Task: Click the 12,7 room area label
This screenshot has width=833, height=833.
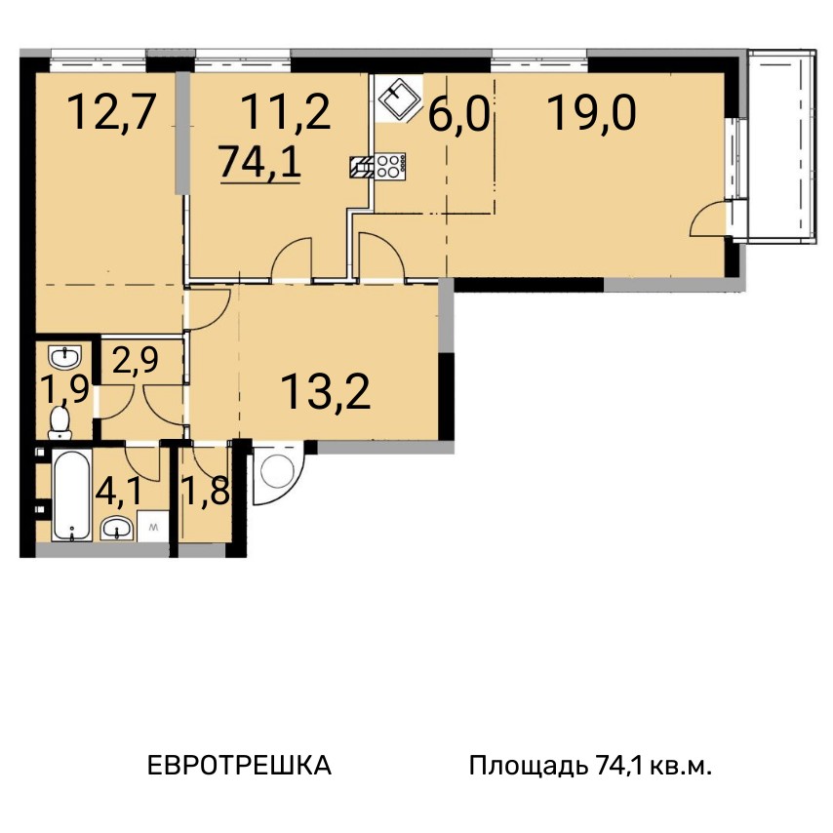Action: [112, 112]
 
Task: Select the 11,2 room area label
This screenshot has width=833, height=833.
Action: [286, 112]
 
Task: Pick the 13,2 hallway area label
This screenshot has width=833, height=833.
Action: [325, 391]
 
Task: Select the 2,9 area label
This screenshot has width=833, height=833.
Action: [136, 360]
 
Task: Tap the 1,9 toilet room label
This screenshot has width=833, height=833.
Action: [66, 391]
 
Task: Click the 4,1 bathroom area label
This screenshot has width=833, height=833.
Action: [119, 492]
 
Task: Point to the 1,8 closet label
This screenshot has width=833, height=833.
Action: [206, 492]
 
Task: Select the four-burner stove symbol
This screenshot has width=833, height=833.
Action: [390, 166]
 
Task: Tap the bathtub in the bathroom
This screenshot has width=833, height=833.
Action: [72, 496]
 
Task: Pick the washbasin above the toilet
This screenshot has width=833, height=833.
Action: [64, 356]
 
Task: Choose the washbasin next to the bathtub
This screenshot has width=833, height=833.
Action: [117, 528]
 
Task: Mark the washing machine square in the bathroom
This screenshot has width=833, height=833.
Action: [153, 527]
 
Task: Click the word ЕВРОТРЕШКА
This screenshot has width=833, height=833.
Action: [239, 766]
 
